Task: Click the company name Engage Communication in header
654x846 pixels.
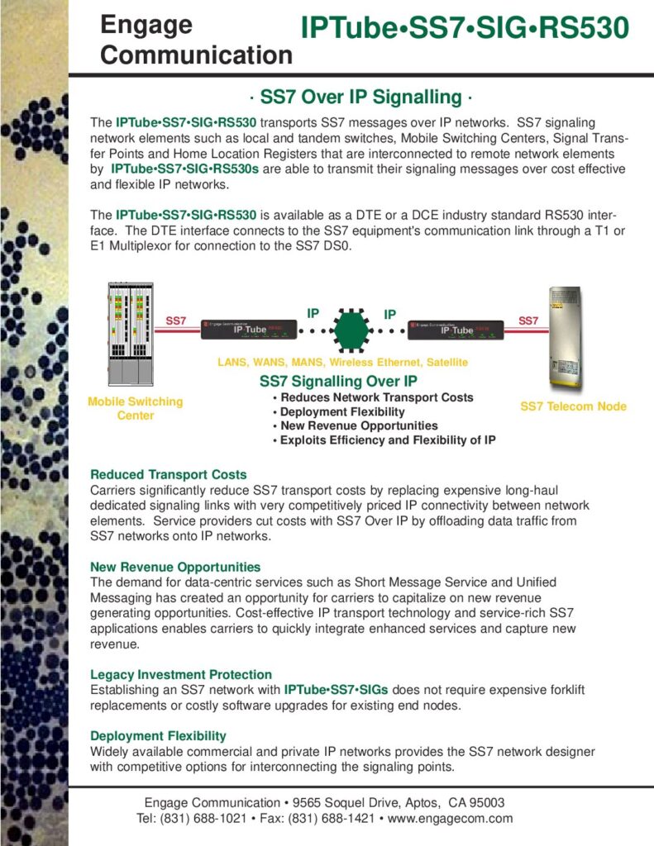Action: point(195,40)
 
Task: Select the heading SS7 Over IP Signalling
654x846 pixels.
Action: point(360,97)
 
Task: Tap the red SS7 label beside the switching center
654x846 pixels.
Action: point(176,320)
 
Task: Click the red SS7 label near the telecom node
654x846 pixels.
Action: point(527,320)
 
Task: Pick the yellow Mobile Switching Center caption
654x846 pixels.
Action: point(135,408)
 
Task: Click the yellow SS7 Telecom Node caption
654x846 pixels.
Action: point(573,406)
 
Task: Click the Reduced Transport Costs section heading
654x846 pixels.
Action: point(169,474)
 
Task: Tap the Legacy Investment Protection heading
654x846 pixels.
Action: point(181,674)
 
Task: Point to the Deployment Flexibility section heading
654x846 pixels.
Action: point(158,735)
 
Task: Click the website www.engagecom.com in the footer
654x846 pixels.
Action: point(451,819)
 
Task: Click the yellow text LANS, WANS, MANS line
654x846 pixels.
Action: point(342,362)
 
